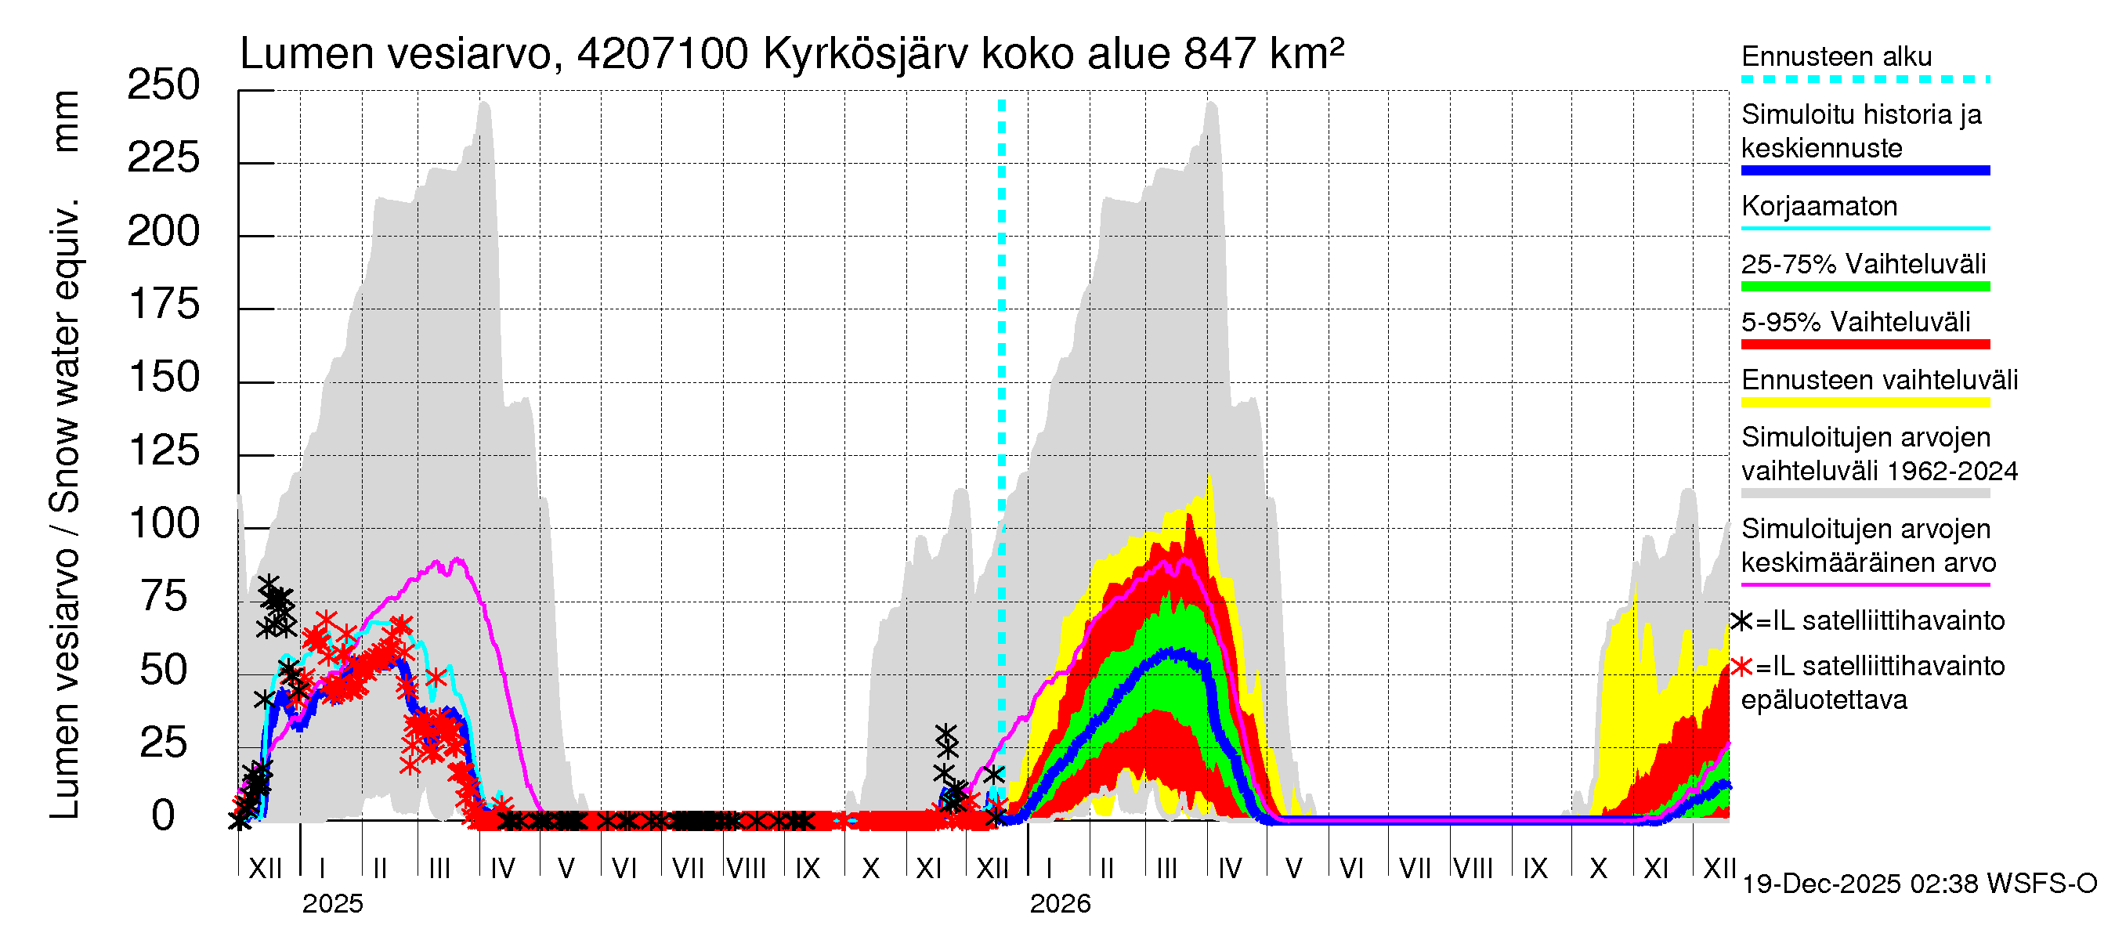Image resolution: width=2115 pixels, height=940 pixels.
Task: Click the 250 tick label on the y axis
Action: pyautogui.click(x=163, y=85)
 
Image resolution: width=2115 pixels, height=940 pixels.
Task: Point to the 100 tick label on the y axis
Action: pyautogui.click(x=164, y=524)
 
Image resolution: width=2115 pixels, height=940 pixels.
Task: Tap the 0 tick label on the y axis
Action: pyautogui.click(x=164, y=816)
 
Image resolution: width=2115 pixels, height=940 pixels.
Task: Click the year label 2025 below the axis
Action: pyautogui.click(x=331, y=904)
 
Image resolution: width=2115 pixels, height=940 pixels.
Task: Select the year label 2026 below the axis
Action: pyautogui.click(x=1059, y=904)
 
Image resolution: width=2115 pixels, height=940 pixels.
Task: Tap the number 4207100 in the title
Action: pyautogui.click(x=662, y=54)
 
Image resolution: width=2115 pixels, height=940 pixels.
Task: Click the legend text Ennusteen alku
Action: pyautogui.click(x=1836, y=56)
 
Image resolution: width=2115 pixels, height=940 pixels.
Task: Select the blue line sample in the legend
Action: pyautogui.click(x=1864, y=171)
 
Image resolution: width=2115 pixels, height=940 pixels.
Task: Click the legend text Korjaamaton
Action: pyautogui.click(x=1819, y=206)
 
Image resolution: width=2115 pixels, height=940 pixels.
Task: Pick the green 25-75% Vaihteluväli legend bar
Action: pyautogui.click(x=1864, y=287)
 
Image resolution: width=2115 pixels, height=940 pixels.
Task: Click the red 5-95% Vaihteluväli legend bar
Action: pyautogui.click(x=1864, y=345)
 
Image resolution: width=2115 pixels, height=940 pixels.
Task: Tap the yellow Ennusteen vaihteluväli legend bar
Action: pyautogui.click(x=1864, y=403)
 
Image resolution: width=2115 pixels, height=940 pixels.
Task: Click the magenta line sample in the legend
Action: pyautogui.click(x=1864, y=584)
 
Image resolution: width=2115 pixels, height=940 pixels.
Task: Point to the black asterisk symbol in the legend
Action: pyautogui.click(x=1741, y=621)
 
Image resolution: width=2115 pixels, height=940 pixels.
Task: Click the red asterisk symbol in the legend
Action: pyautogui.click(x=1741, y=667)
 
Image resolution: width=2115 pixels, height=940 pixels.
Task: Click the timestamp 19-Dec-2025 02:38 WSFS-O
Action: pyautogui.click(x=1918, y=884)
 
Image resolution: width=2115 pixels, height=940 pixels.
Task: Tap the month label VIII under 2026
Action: pyautogui.click(x=1473, y=869)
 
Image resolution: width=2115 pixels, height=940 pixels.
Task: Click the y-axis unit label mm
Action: pyautogui.click(x=66, y=121)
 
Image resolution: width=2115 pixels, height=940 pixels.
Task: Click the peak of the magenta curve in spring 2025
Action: pyautogui.click(x=457, y=560)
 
